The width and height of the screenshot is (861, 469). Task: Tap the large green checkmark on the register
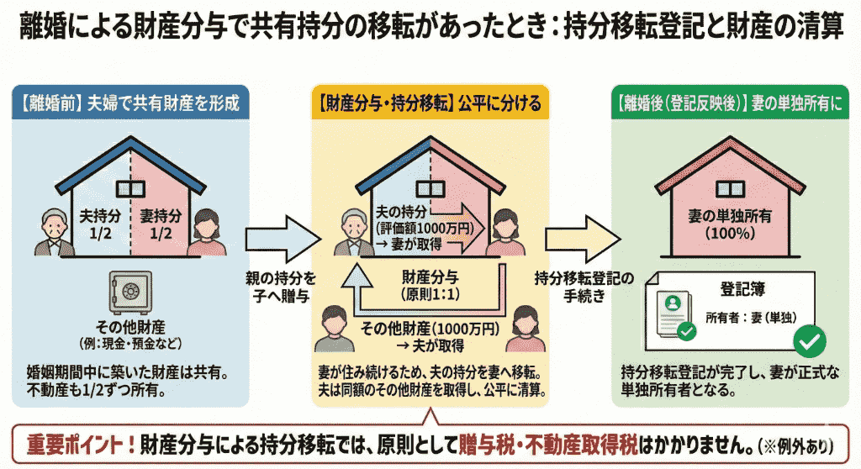pos(810,340)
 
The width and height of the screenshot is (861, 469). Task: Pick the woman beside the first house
pos(204,233)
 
